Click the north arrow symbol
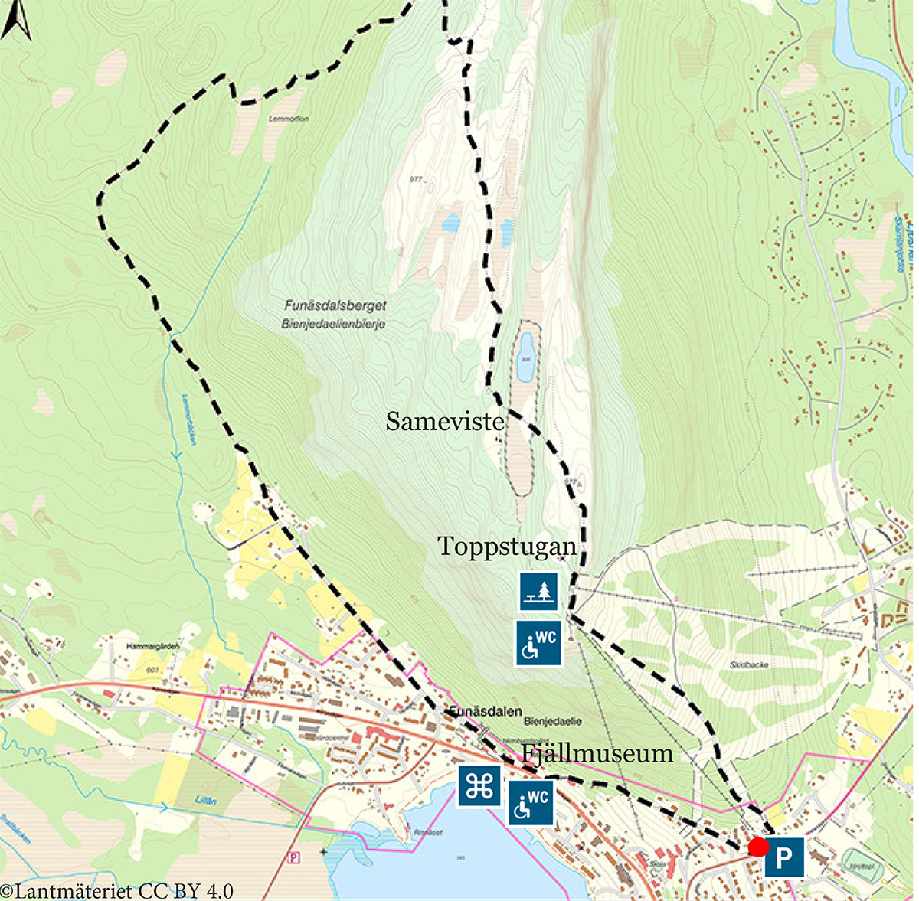pos(16,20)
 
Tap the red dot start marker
pos(758,847)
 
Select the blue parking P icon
pos(783,857)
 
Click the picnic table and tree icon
pos(538,591)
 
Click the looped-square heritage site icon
pos(479,786)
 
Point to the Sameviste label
pos(444,422)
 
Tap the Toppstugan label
pos(506,547)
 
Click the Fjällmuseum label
pos(597,753)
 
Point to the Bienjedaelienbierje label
pos(332,324)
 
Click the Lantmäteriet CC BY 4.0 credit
pos(116,891)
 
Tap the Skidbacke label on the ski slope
pos(748,665)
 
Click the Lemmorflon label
pos(289,119)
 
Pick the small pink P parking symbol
pos(293,858)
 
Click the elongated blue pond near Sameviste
pos(525,357)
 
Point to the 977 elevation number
pos(416,180)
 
